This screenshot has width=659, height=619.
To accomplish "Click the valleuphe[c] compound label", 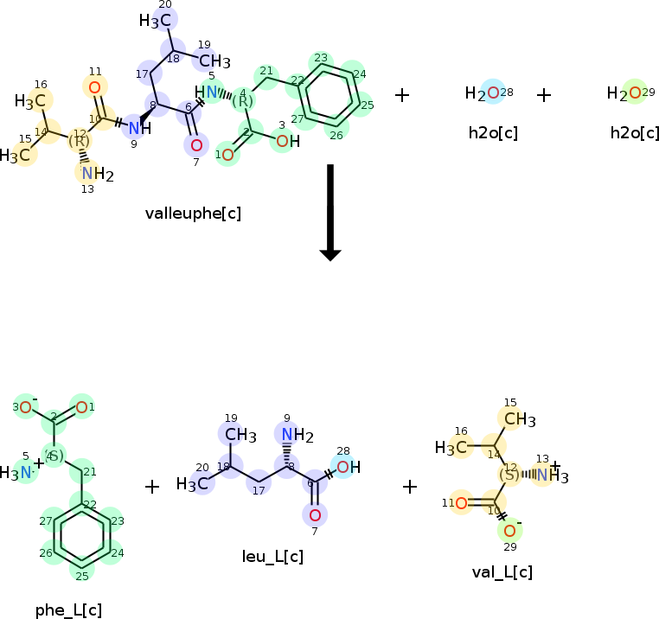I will (193, 214).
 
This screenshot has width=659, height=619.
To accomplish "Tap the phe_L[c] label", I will (68, 609).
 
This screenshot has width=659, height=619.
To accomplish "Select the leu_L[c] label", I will (272, 557).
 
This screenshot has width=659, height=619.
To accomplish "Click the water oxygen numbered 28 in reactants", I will (492, 93).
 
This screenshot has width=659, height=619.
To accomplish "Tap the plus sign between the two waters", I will (543, 94).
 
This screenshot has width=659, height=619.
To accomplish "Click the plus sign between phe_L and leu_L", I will (152, 487).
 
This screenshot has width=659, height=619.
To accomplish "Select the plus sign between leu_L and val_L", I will (410, 486).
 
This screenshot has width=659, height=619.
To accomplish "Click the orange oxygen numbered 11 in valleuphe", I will (95, 86).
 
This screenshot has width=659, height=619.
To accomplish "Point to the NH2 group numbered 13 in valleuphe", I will (95, 174).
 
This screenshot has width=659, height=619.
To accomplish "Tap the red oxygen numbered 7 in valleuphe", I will (196, 145).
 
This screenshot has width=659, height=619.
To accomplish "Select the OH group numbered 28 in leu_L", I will (346, 468).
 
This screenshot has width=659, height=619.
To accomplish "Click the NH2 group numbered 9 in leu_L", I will (292, 434).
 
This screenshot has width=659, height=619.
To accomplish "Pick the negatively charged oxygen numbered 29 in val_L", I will (509, 530).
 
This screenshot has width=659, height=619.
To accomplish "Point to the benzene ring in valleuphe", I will (329, 94).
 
